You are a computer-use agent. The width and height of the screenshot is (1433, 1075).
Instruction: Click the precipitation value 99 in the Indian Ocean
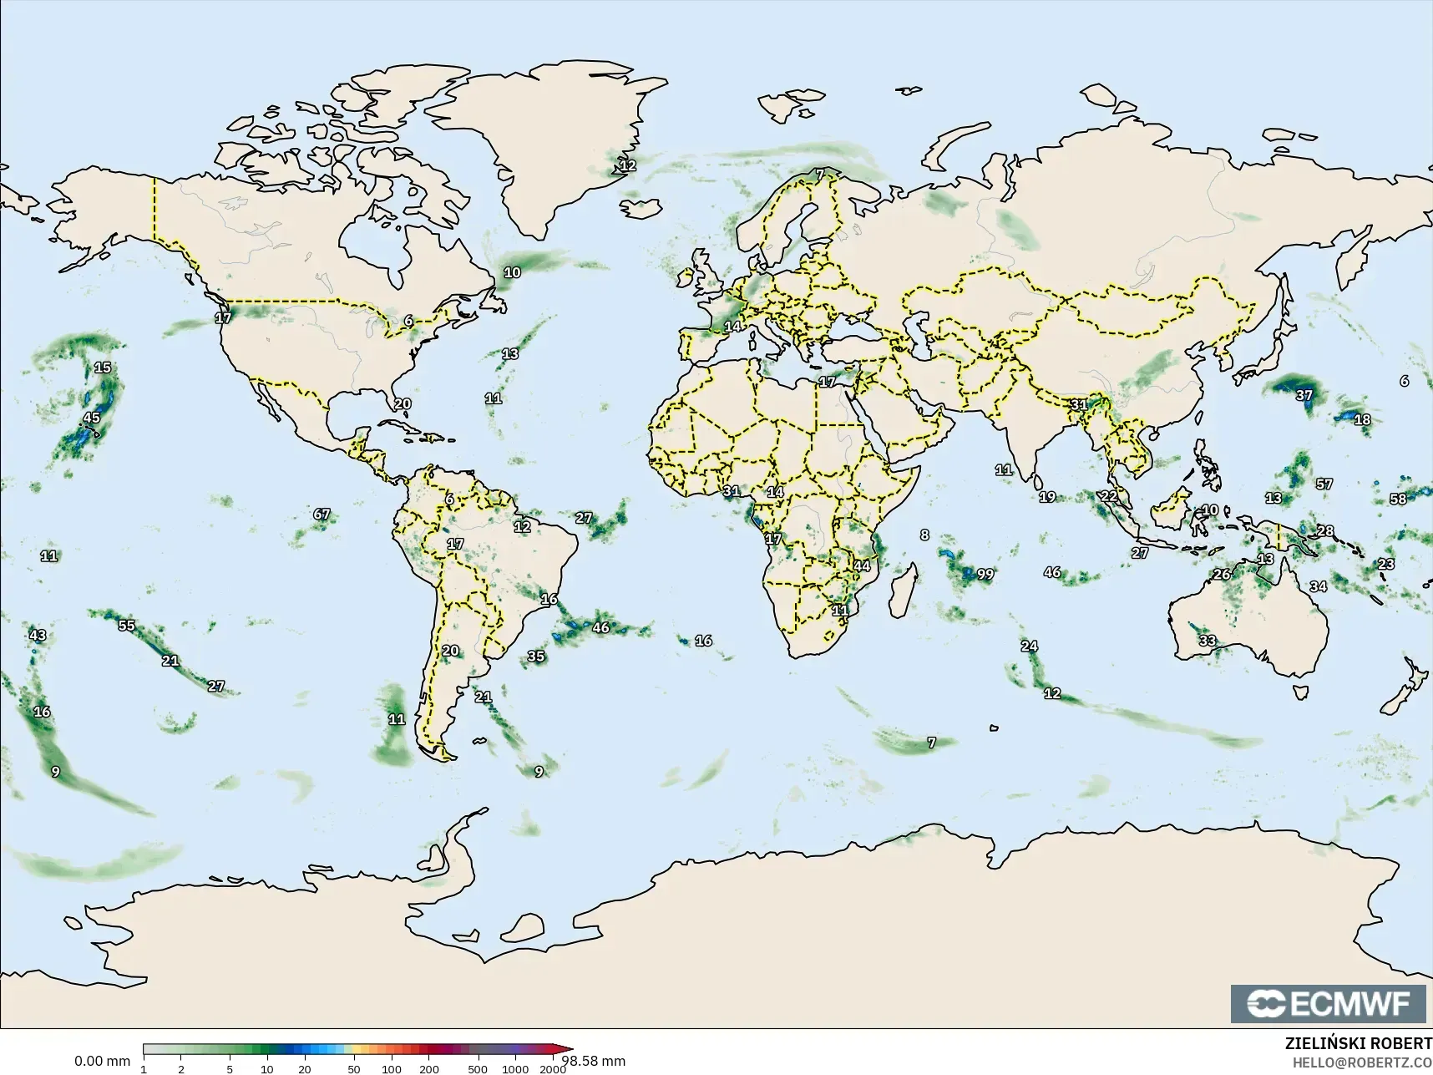(x=985, y=574)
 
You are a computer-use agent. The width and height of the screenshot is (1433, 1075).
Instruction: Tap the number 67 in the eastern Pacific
(x=322, y=515)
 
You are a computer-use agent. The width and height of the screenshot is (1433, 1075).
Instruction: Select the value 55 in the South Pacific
(x=126, y=626)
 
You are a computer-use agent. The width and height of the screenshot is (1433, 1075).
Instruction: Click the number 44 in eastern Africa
(x=862, y=566)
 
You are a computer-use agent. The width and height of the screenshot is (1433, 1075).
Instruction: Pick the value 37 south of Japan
(x=1304, y=395)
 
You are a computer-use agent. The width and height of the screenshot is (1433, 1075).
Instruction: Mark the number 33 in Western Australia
(x=1208, y=641)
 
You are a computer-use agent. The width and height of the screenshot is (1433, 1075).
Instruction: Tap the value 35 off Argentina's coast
(x=536, y=657)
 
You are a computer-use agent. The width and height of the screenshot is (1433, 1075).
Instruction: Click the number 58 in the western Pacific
(x=1398, y=499)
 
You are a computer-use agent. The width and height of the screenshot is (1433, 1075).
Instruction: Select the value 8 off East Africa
(x=924, y=535)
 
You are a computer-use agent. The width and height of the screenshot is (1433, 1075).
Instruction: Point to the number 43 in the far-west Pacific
(x=38, y=636)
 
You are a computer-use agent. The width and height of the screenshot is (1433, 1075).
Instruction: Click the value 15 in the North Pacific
(x=103, y=368)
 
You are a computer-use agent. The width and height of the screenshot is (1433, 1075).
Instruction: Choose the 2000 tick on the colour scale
(x=552, y=1069)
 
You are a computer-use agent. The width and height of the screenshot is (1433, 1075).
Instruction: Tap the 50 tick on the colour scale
(x=354, y=1069)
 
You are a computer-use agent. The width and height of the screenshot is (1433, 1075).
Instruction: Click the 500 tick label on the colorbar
(x=478, y=1069)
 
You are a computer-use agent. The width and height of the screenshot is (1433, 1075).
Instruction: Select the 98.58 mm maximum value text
(x=594, y=1062)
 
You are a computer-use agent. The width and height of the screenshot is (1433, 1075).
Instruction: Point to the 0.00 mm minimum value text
(x=102, y=1062)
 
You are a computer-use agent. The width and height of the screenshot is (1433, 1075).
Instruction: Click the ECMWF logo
(x=1328, y=1003)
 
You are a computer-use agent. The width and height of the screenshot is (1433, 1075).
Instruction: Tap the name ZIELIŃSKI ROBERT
(x=1358, y=1045)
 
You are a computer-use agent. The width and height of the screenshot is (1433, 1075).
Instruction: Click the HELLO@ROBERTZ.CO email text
(x=1362, y=1063)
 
